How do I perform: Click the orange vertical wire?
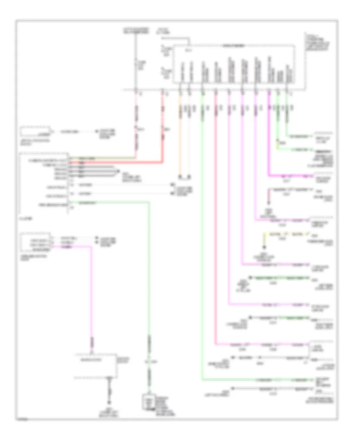click(180, 136)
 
